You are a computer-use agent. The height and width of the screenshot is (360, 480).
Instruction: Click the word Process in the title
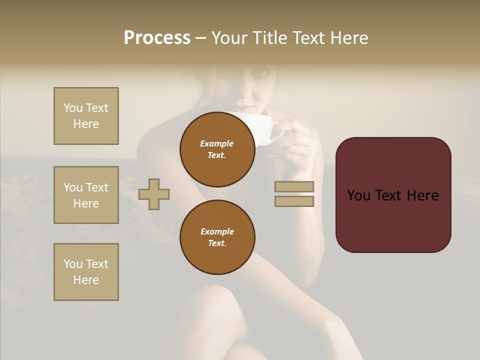tap(157, 38)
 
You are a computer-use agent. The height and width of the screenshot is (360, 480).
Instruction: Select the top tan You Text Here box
tap(86, 116)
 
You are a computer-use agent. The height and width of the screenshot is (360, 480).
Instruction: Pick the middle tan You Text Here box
tap(86, 195)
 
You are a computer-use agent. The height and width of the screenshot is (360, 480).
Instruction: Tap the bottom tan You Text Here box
tap(86, 272)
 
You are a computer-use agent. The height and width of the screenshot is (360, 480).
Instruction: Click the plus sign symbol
tap(154, 194)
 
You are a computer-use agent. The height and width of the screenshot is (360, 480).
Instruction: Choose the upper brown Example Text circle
tap(217, 149)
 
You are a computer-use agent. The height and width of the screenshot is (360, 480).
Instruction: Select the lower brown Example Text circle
tap(217, 237)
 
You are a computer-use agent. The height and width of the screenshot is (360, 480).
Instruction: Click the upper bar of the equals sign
tap(294, 186)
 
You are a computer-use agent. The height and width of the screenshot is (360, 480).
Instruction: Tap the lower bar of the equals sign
tap(294, 201)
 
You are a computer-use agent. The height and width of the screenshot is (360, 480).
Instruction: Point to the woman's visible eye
tap(261, 73)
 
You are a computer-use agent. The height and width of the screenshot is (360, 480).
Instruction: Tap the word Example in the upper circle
tap(216, 143)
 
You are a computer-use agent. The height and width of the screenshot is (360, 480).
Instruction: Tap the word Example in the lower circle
tap(217, 231)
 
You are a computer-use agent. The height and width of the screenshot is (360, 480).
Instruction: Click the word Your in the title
tap(229, 38)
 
